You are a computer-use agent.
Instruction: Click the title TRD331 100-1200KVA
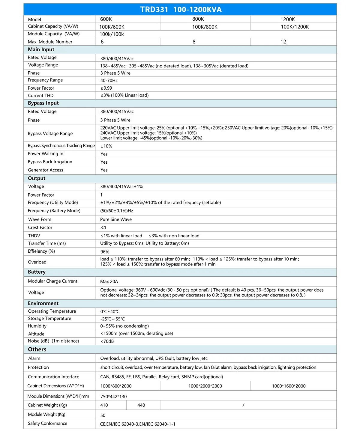click(x=181, y=10)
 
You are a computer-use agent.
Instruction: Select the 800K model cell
click(x=198, y=19)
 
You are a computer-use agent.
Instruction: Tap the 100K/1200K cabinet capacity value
click(x=295, y=27)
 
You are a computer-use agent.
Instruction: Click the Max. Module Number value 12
click(x=283, y=42)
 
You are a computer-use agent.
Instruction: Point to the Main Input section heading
click(x=41, y=49)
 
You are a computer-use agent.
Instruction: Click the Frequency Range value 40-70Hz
click(x=109, y=81)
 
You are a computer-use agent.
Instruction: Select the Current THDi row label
click(x=41, y=96)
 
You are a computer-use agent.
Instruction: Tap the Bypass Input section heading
click(x=43, y=103)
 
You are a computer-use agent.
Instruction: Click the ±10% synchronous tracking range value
click(x=106, y=146)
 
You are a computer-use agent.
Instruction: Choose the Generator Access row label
click(x=45, y=170)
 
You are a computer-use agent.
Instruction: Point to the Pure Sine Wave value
click(x=116, y=219)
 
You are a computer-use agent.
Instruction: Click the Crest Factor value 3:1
click(x=103, y=227)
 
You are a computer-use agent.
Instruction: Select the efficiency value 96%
click(x=105, y=252)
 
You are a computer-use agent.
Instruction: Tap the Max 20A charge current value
click(x=109, y=282)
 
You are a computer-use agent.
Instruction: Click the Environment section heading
click(x=43, y=303)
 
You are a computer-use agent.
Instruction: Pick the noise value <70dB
click(x=107, y=341)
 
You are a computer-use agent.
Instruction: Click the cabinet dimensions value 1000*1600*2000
click(x=289, y=386)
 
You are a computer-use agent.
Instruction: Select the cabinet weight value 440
click(x=141, y=405)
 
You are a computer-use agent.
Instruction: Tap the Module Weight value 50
click(x=103, y=415)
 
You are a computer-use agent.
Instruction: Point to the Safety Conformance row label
click(x=47, y=424)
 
